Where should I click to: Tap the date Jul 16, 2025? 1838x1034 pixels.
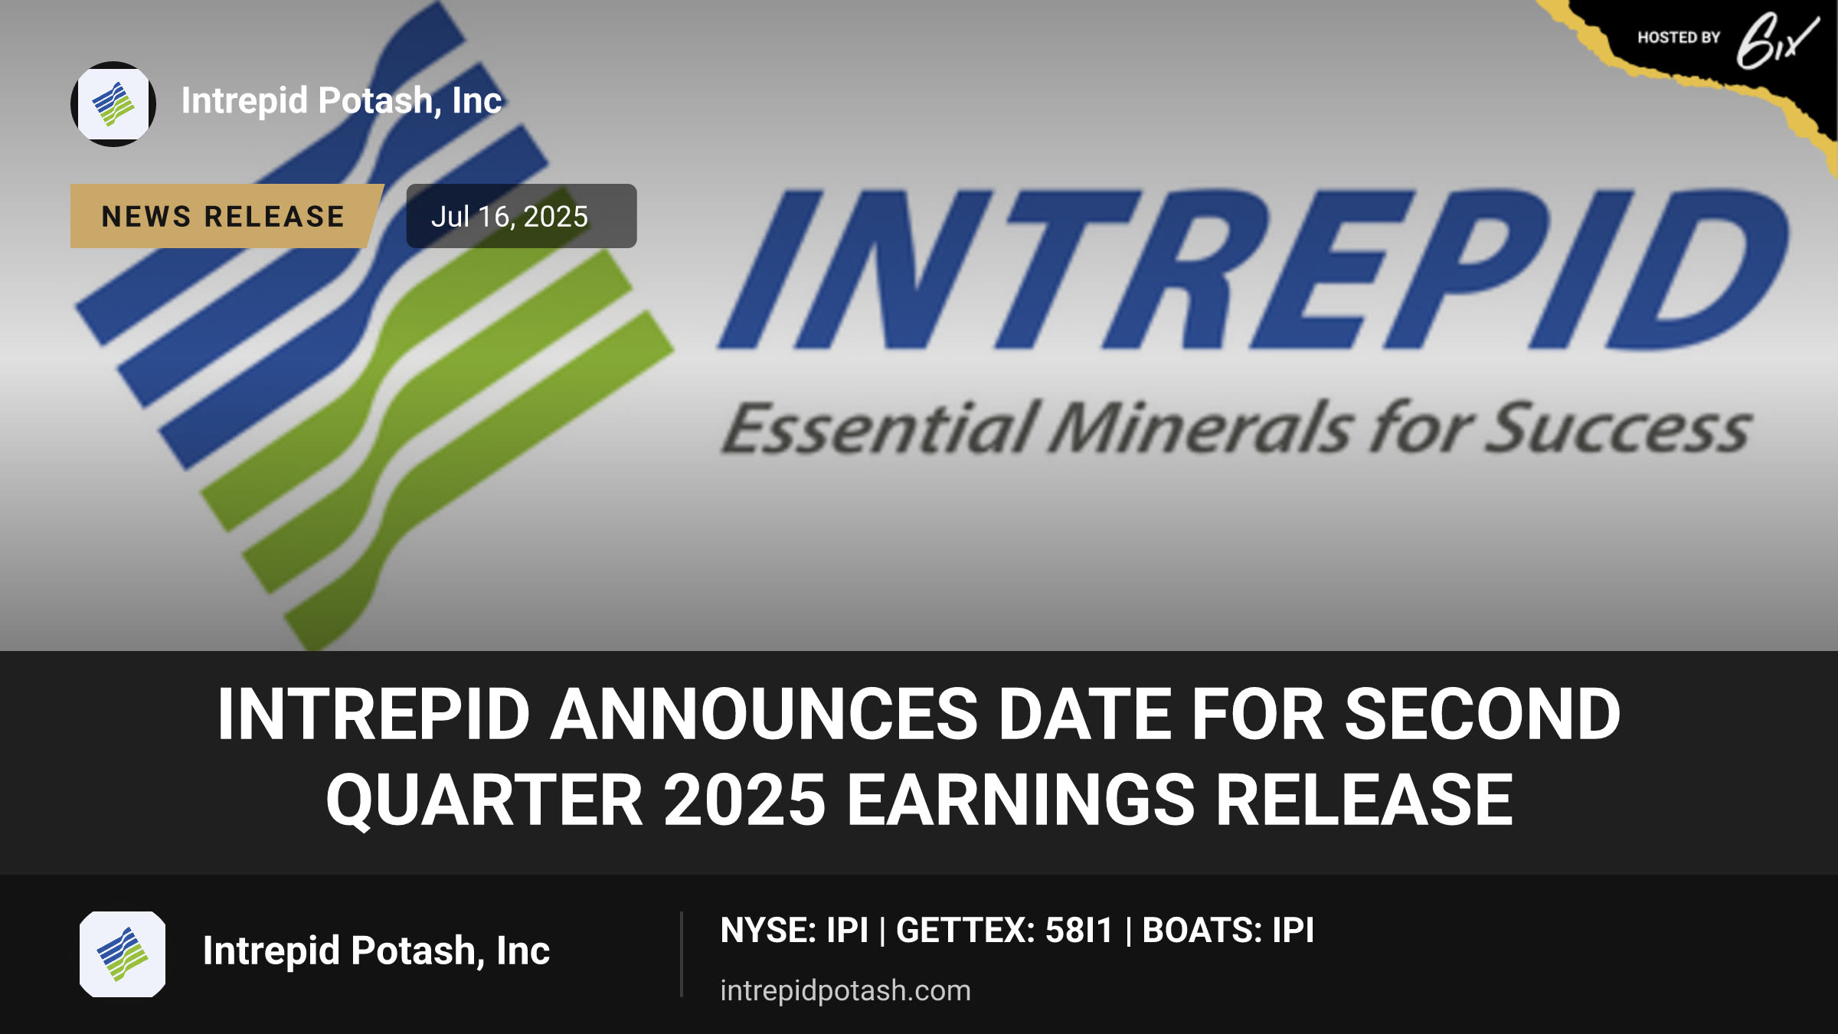click(509, 217)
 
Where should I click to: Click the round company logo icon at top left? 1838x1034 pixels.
click(113, 104)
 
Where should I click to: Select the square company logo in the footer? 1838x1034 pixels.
click(123, 954)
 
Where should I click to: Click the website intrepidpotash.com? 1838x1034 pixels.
click(845, 990)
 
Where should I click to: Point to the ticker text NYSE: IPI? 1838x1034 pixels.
click(794, 931)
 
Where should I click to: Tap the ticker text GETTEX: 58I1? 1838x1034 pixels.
click(1004, 931)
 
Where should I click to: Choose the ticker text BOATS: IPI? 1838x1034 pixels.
click(1228, 931)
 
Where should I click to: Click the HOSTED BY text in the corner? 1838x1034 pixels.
click(1679, 38)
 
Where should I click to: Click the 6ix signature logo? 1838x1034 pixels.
click(1777, 41)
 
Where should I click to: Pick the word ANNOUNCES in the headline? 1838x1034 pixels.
click(765, 715)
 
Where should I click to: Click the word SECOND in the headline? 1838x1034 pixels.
click(1483, 715)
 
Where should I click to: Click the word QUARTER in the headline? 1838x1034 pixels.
click(484, 802)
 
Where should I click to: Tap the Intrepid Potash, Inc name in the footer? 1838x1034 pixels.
click(376, 951)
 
